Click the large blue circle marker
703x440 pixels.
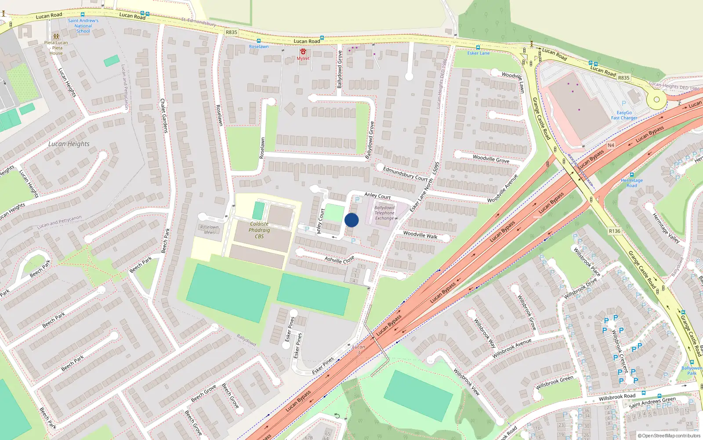coord(351,220)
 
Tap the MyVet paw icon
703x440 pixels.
coord(303,52)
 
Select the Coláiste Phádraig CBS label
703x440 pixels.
coord(259,230)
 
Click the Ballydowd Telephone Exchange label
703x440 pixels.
coord(384,213)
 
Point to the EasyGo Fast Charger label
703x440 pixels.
coord(624,115)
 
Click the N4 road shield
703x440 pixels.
coord(611,145)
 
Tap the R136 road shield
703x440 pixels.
coord(614,231)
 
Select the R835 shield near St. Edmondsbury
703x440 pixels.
coord(231,32)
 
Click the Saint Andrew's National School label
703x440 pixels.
coord(83,26)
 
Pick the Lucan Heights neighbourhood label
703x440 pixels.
coord(69,144)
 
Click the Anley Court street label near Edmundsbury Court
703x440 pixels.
coord(377,195)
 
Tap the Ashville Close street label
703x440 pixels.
coord(339,260)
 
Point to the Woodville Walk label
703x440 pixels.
coord(420,235)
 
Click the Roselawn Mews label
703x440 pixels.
coord(209,230)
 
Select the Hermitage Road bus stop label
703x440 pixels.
coord(631,183)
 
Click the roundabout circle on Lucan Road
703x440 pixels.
coord(656,99)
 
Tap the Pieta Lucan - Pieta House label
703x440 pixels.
coord(56,48)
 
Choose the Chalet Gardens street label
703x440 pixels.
coord(164,115)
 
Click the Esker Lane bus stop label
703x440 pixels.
coord(478,53)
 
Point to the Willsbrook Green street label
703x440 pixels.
coord(554,383)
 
